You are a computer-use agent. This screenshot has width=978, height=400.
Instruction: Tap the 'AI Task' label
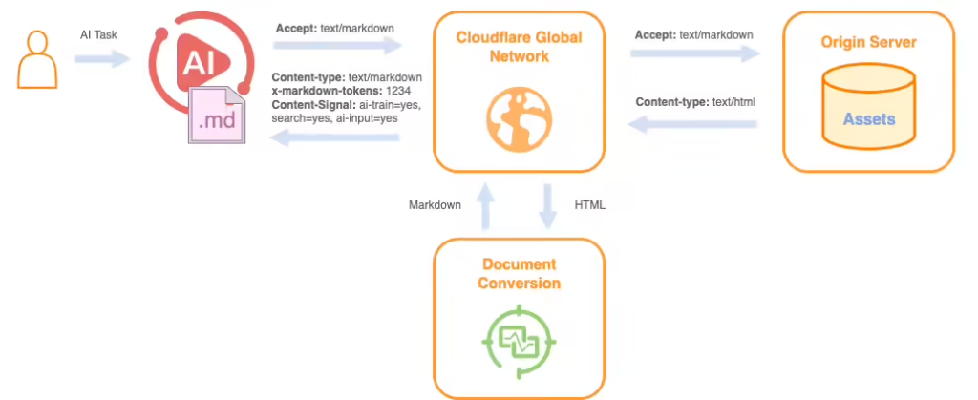pyautogui.click(x=99, y=34)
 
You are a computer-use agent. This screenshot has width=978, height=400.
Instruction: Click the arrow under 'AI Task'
pyautogui.click(x=102, y=59)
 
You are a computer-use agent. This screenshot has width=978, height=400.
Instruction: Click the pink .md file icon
pyautogui.click(x=217, y=116)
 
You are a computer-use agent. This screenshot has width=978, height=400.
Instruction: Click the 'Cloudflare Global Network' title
pyautogui.click(x=519, y=46)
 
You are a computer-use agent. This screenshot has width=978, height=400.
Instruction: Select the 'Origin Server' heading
pyautogui.click(x=868, y=43)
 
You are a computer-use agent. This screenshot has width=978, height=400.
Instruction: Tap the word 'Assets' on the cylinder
pyautogui.click(x=868, y=119)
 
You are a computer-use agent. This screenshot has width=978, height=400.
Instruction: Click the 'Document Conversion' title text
pyautogui.click(x=519, y=273)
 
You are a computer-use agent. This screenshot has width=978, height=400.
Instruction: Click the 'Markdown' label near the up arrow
pyautogui.click(x=436, y=204)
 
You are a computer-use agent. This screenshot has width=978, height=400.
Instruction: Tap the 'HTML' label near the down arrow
pyautogui.click(x=589, y=204)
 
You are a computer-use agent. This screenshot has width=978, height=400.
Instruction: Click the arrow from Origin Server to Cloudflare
pyautogui.click(x=694, y=123)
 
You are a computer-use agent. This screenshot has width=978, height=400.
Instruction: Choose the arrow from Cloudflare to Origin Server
pyautogui.click(x=694, y=54)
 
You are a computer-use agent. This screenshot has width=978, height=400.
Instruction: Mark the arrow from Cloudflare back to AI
pyautogui.click(x=334, y=138)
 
